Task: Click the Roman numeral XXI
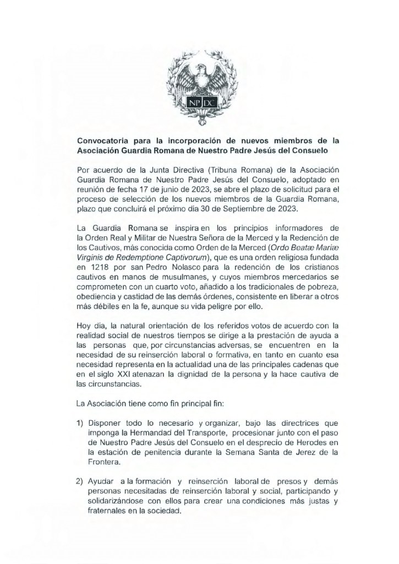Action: point(117,374)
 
